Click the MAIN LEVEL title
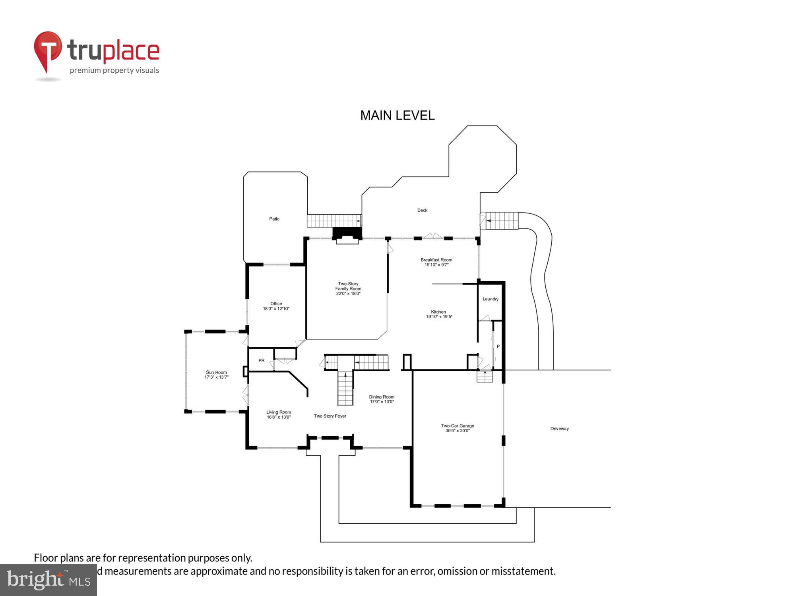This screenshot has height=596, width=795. (x=397, y=116)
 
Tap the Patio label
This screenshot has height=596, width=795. (x=274, y=219)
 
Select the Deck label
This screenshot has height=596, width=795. (x=422, y=210)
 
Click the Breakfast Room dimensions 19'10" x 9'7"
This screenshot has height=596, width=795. (x=436, y=265)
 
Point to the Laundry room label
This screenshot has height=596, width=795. (x=490, y=299)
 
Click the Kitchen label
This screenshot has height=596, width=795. (x=438, y=312)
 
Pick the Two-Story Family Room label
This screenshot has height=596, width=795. (x=348, y=286)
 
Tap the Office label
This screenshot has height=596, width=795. (x=276, y=304)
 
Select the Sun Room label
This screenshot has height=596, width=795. (x=216, y=372)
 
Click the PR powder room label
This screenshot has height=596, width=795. (x=261, y=361)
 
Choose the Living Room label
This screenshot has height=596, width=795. (x=278, y=412)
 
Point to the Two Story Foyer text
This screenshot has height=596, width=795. (x=330, y=416)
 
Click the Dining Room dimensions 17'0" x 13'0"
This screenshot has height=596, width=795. (x=382, y=402)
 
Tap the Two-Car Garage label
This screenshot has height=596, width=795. (x=458, y=426)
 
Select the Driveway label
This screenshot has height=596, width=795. (x=559, y=429)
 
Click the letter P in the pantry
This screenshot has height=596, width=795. (x=498, y=346)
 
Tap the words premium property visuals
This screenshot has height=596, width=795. (x=114, y=71)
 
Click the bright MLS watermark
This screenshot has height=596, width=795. (x=48, y=580)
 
